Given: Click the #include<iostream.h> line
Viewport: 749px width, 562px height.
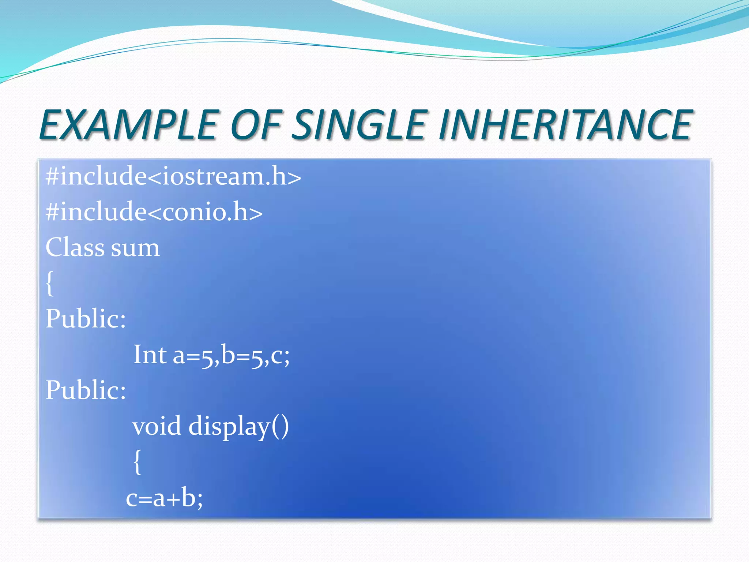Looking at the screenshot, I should (173, 176).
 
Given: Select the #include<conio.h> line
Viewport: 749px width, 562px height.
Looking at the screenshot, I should (154, 212).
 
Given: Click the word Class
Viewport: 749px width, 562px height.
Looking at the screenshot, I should (75, 247).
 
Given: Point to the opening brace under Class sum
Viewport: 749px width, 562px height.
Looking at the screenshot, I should (50, 283).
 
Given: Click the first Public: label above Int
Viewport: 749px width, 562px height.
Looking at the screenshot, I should (86, 319).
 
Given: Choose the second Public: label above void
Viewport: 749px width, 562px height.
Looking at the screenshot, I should (86, 390).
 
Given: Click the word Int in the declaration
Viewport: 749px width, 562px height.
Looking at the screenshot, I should (150, 355).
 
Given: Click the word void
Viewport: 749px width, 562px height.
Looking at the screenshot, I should (157, 426).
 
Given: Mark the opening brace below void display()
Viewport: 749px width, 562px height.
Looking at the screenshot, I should (137, 462).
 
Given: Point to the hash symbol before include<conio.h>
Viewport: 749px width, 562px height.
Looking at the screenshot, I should (52, 212).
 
